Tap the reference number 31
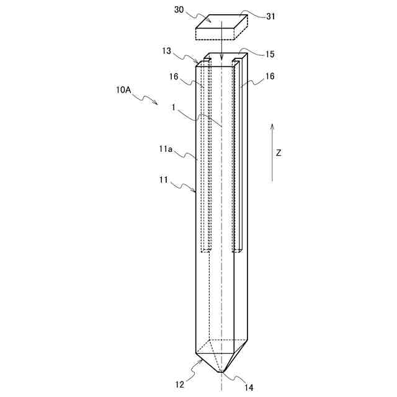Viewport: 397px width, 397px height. (270, 17)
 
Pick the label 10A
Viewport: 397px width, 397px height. (123, 90)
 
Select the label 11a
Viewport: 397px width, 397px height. (166, 149)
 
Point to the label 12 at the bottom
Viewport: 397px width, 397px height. (179, 384)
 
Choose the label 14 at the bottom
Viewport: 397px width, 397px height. (248, 388)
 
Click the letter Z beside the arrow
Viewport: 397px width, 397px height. (279, 153)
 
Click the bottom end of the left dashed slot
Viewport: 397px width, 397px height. (205, 251)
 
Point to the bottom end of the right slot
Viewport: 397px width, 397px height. (237, 251)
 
